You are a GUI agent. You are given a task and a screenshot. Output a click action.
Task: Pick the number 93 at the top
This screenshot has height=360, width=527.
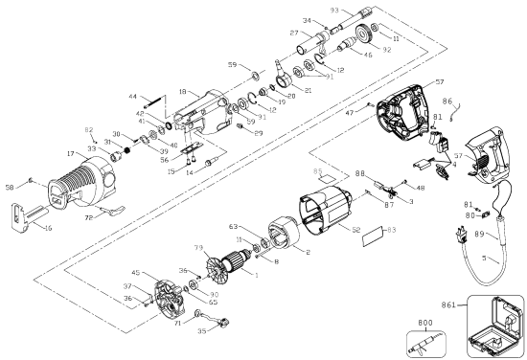click(x=334, y=10)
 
